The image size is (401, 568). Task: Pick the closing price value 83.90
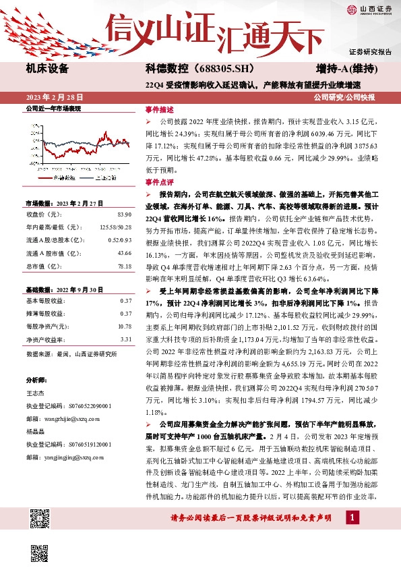123,215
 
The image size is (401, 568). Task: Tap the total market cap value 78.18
123,266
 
